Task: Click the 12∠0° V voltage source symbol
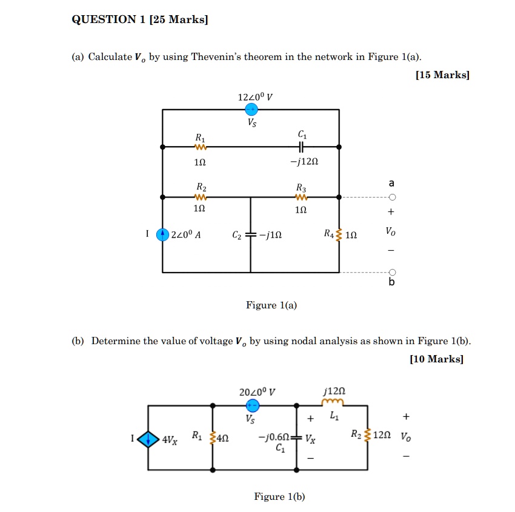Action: coord(251,110)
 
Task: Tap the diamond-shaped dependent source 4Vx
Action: coord(148,438)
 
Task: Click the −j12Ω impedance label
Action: coord(304,163)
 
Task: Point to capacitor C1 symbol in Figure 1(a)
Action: coord(301,147)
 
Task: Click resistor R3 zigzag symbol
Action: coord(301,197)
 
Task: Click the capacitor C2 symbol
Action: coord(251,234)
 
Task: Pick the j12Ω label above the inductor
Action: coord(335,391)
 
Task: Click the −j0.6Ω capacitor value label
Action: coord(272,436)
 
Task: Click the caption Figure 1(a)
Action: coord(271,305)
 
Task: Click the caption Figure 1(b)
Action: coord(279,497)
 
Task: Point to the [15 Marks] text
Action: coord(442,75)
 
